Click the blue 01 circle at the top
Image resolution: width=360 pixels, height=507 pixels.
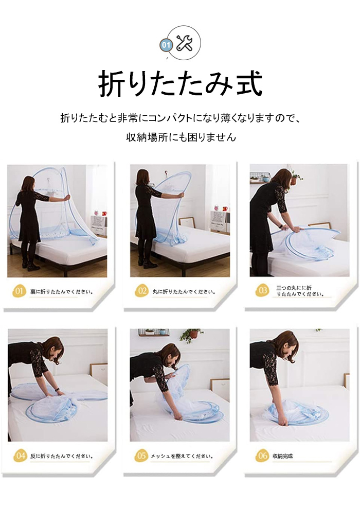coord(166,45)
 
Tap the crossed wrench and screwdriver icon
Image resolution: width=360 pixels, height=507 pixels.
coord(184,43)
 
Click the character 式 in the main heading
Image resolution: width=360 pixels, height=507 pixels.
coord(249,83)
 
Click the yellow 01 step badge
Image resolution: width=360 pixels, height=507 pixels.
coord(19,291)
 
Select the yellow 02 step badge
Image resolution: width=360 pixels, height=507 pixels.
coord(141,291)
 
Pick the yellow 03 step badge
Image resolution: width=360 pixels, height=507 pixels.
coord(262,290)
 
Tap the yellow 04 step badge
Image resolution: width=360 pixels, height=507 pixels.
coord(20,456)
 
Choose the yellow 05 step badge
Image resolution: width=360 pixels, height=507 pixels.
coord(141,456)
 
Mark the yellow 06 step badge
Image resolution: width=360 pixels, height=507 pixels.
coord(262,456)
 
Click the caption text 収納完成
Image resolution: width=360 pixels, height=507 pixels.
coord(282,456)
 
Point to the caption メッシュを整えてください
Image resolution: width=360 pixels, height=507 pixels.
coord(182,456)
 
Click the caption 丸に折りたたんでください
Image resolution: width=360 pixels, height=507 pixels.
coord(184,292)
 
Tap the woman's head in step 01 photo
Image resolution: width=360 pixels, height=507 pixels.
coord(28,183)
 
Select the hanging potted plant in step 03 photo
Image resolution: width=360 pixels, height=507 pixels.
coord(295,179)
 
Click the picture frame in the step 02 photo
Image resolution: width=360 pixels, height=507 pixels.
coord(187,222)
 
